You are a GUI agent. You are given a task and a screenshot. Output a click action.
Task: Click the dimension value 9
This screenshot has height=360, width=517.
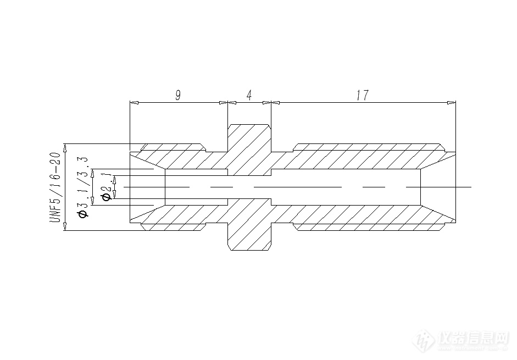pyautogui.click(x=177, y=95)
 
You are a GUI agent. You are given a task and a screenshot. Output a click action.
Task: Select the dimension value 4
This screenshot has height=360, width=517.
pyautogui.click(x=249, y=95)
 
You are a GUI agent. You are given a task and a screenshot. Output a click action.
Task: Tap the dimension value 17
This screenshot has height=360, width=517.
pyautogui.click(x=362, y=95)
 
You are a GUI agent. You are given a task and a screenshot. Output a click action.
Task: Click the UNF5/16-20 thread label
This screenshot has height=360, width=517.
pyautogui.click(x=55, y=187)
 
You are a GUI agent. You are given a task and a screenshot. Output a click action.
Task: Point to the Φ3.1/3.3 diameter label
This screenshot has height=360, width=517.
pyautogui.click(x=83, y=187)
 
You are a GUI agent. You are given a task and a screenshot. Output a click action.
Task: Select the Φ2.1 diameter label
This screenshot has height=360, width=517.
pyautogui.click(x=108, y=187)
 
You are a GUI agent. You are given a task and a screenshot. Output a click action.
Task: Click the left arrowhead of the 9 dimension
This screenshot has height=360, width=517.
pyautogui.click(x=133, y=102)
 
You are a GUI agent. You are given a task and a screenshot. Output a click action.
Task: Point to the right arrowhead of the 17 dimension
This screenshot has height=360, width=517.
pyautogui.click(x=452, y=102)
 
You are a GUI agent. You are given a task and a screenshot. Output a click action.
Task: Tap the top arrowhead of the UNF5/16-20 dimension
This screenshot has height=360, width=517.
pyautogui.click(x=65, y=147)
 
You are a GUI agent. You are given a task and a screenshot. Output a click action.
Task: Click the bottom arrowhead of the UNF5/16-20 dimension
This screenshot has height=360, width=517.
pyautogui.click(x=65, y=227)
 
